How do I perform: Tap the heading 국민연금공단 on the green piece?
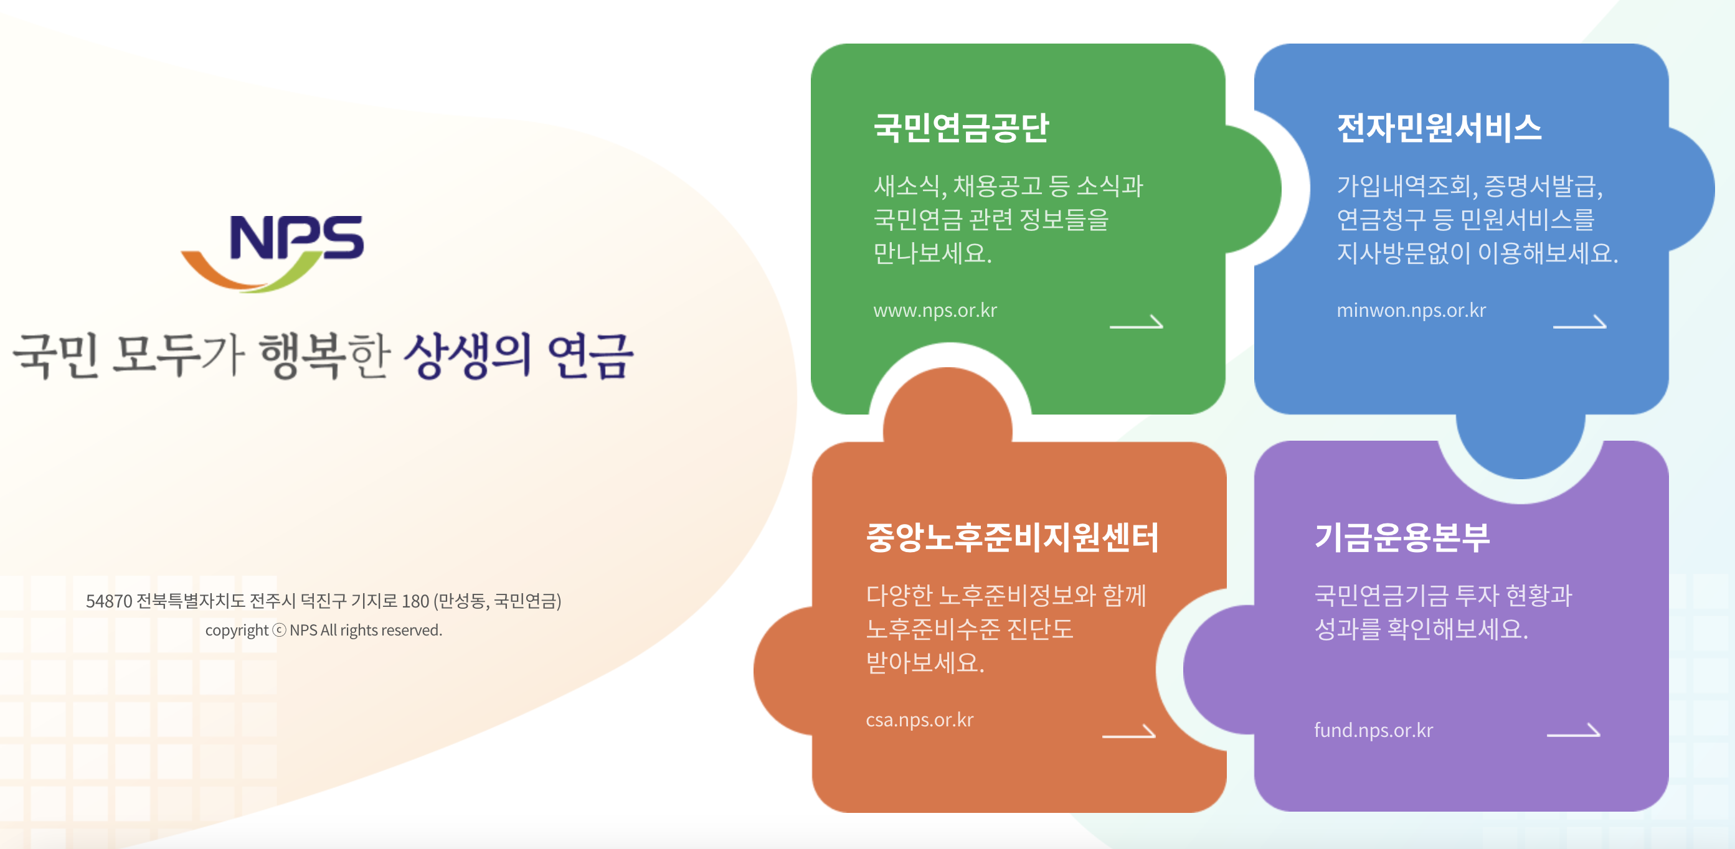pos(960,128)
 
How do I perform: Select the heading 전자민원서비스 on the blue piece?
pos(1439,128)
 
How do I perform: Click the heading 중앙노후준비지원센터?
pos(1011,537)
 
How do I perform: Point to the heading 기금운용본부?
pos(1402,537)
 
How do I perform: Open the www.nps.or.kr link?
pos(935,311)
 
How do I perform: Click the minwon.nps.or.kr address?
pos(1411,311)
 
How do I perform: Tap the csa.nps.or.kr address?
pos(919,720)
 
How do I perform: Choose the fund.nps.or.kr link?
pos(1373,731)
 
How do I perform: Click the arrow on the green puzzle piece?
pos(1137,322)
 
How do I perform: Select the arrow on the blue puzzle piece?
pos(1579,322)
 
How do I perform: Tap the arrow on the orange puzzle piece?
pos(1129,733)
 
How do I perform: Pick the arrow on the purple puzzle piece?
pos(1573,731)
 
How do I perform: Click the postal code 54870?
pos(109,601)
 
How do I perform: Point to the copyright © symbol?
pos(279,630)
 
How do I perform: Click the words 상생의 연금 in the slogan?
pos(519,355)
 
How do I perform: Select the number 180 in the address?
pos(415,601)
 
